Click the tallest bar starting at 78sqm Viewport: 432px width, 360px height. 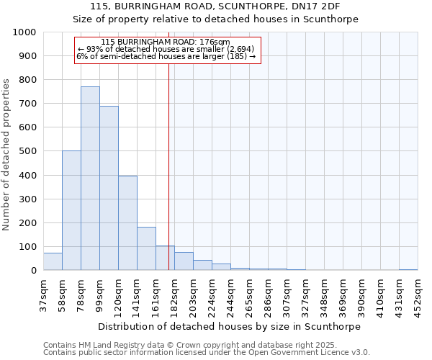coord(90,179)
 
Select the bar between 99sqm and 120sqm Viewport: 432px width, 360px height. coord(109,188)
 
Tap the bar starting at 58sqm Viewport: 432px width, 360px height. coord(71,210)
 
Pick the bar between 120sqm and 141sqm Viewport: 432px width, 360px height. coord(127,223)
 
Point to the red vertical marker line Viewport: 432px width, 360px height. coord(168,166)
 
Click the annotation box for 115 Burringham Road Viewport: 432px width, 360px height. coord(167,49)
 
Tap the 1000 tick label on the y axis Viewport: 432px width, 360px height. coord(24,32)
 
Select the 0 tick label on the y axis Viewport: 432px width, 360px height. coord(33,271)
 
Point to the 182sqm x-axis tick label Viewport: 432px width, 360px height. coord(175,294)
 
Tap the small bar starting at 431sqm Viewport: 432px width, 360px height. coord(408,269)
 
